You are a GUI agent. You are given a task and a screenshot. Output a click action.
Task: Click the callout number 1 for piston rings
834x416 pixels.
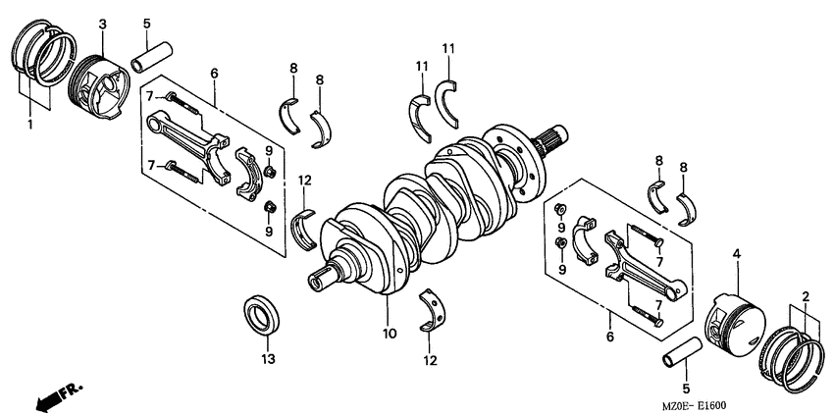[x=29, y=125]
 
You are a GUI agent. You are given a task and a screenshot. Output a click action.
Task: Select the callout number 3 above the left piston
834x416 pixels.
[x=102, y=22]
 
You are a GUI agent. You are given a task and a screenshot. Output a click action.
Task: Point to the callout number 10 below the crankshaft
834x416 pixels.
[x=390, y=334]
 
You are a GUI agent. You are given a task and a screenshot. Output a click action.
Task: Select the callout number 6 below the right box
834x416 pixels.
[x=608, y=337]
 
